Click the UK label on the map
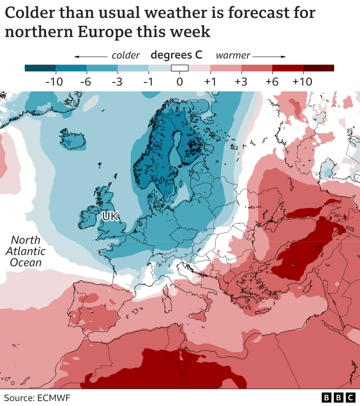coord(110,216)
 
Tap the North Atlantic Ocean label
coord(25,251)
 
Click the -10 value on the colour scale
coord(54,82)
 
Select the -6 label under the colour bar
coord(86,82)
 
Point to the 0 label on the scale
coord(180,82)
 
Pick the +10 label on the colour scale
coord(302,82)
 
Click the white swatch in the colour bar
coord(180,68)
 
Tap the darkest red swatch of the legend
coord(318,68)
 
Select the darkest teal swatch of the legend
coord(40,68)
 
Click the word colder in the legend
coord(126,56)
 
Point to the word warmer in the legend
coord(233,56)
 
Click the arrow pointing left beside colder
coord(90,56)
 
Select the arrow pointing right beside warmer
coord(269,56)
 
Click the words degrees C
coord(177,55)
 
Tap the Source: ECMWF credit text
coord(37,398)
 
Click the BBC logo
coord(338,398)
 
